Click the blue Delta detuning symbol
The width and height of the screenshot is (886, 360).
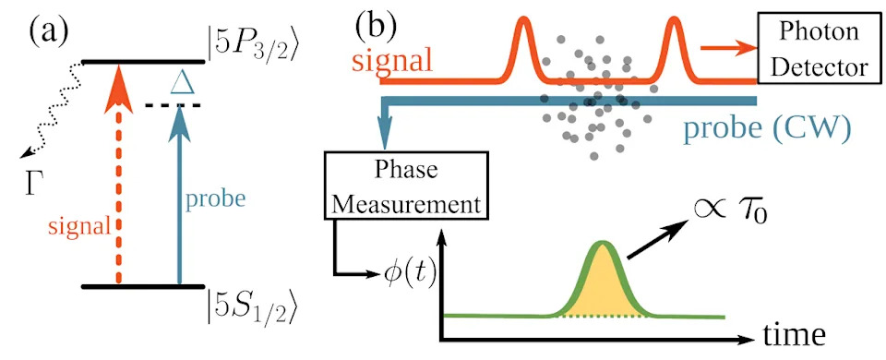pos(182,83)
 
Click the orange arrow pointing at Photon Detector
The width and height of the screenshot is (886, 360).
pos(729,47)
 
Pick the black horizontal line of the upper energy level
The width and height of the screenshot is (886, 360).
pos(143,61)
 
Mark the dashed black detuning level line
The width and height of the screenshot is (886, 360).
pos(173,105)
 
